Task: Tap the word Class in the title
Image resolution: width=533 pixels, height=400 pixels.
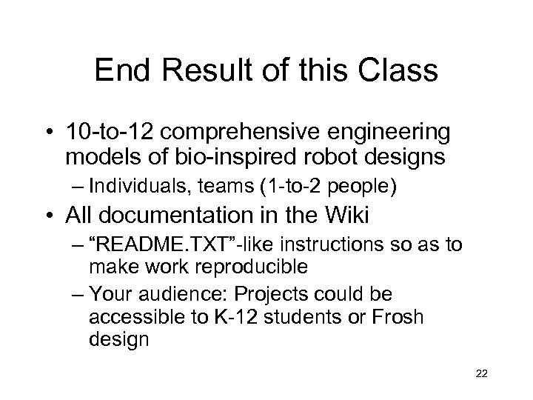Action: coord(400,72)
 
